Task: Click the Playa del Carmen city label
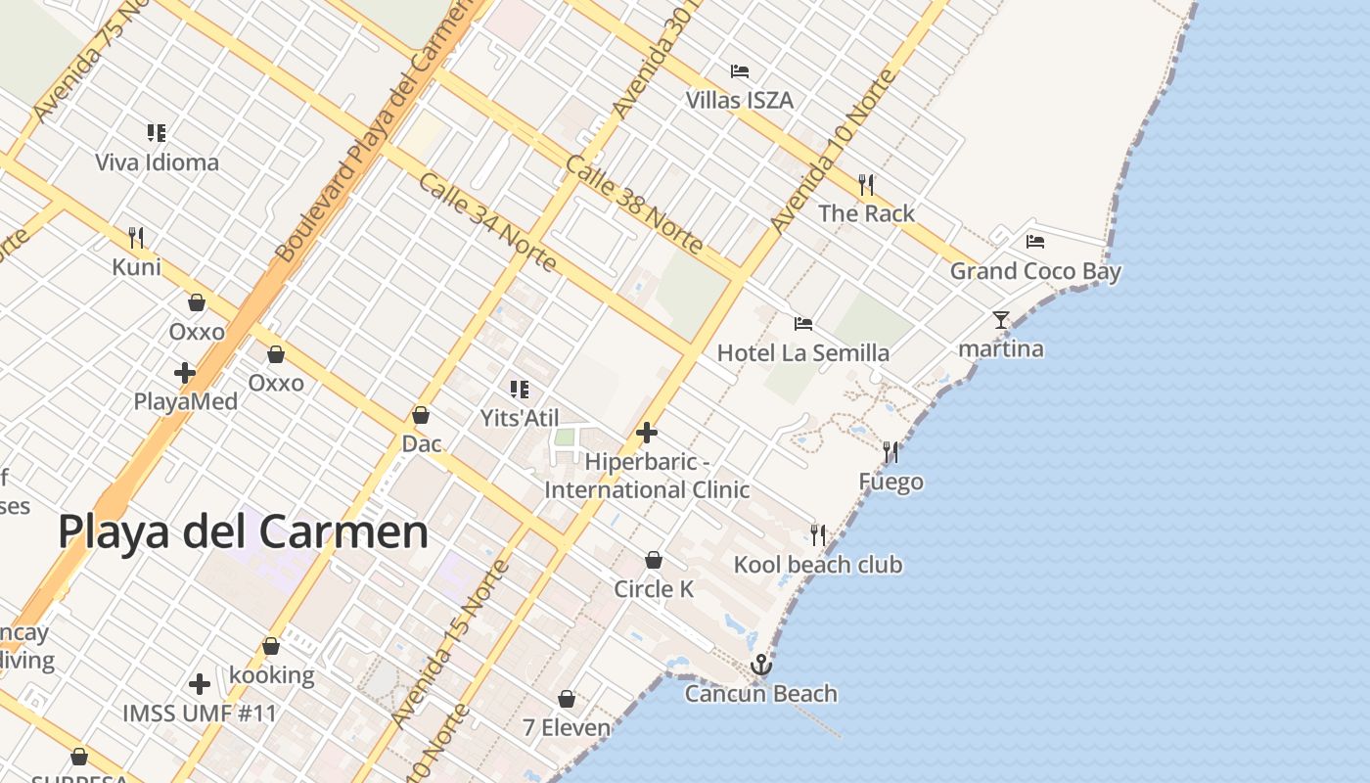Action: [x=243, y=532]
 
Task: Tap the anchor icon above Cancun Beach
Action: [x=760, y=666]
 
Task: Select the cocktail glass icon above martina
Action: [x=1000, y=320]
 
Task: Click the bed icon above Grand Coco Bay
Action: [x=1035, y=242]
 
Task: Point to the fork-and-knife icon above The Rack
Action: [x=866, y=184]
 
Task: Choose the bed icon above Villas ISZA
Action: [x=740, y=71]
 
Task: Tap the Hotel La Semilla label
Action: [x=803, y=352]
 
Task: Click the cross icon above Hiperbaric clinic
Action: [x=647, y=433]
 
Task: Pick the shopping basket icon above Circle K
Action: [x=654, y=560]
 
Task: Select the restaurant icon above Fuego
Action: [x=890, y=452]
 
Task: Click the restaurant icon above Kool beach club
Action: [x=818, y=535]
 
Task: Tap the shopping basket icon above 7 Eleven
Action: [x=567, y=699]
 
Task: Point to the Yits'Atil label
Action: [x=520, y=418]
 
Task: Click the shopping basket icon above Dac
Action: [x=421, y=415]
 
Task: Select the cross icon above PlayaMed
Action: [x=185, y=373]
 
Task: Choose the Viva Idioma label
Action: [x=157, y=162]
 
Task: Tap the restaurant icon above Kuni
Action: [x=136, y=238]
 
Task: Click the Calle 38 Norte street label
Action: [x=633, y=206]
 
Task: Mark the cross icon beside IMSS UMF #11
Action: [x=200, y=684]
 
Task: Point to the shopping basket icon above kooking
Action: [x=271, y=646]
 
